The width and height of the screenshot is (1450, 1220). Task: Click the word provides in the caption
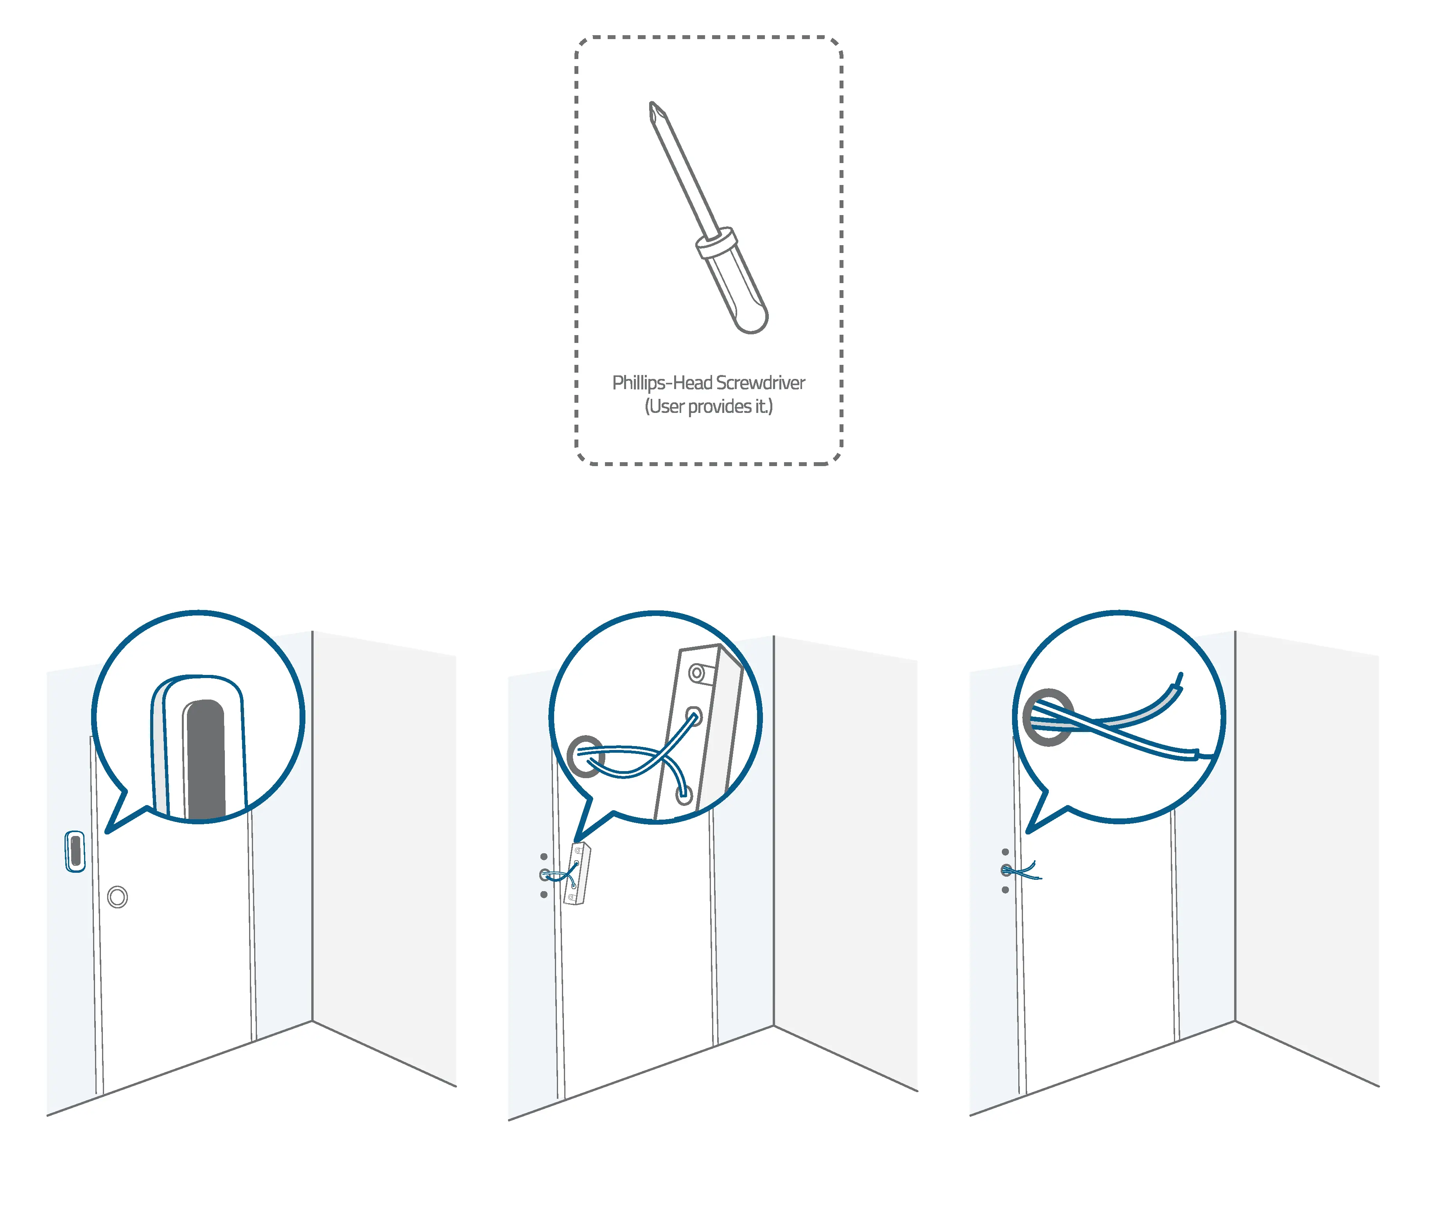click(719, 407)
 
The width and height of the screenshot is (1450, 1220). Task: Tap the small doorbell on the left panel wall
click(75, 851)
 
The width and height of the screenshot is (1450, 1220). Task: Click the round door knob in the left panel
click(118, 897)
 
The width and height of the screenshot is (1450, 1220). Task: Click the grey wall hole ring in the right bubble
click(1049, 717)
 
